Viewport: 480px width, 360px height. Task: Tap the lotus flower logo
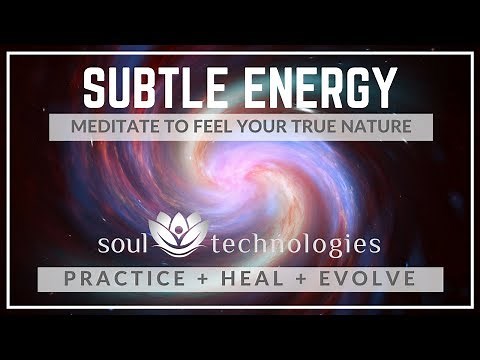coord(178,233)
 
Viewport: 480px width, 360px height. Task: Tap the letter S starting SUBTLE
coord(94,88)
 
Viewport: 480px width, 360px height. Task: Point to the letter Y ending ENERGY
coord(385,88)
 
